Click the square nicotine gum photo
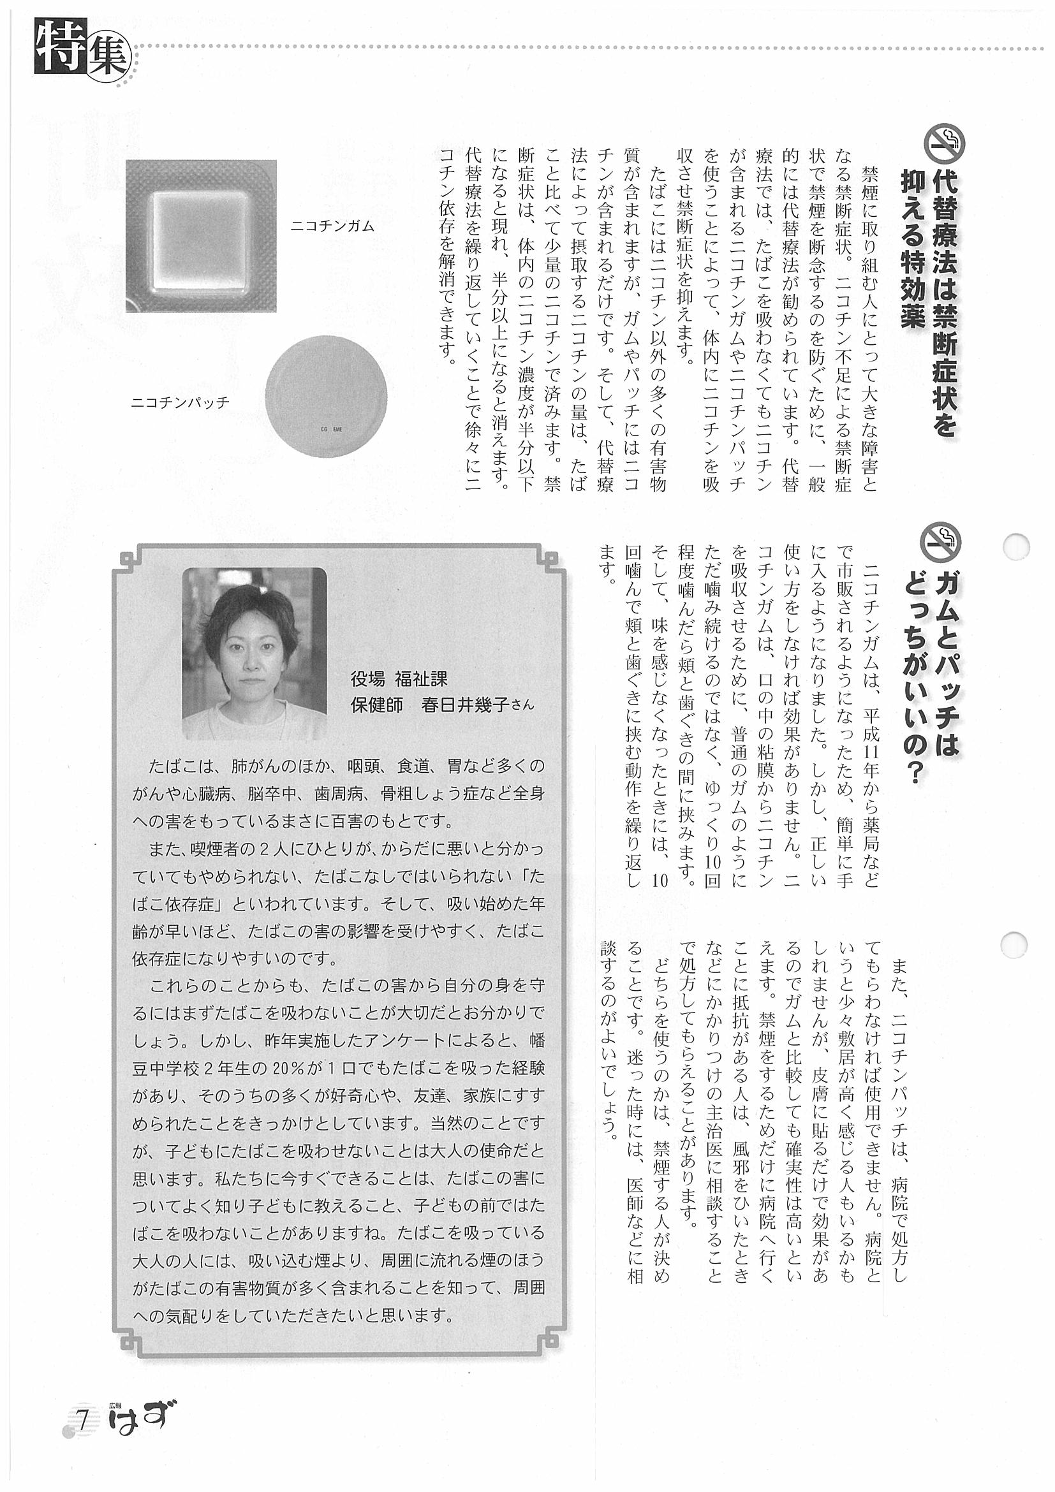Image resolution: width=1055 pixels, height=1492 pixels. click(x=201, y=237)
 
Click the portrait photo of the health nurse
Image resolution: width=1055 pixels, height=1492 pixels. click(x=254, y=653)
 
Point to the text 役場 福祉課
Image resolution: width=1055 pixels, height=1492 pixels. click(x=399, y=679)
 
